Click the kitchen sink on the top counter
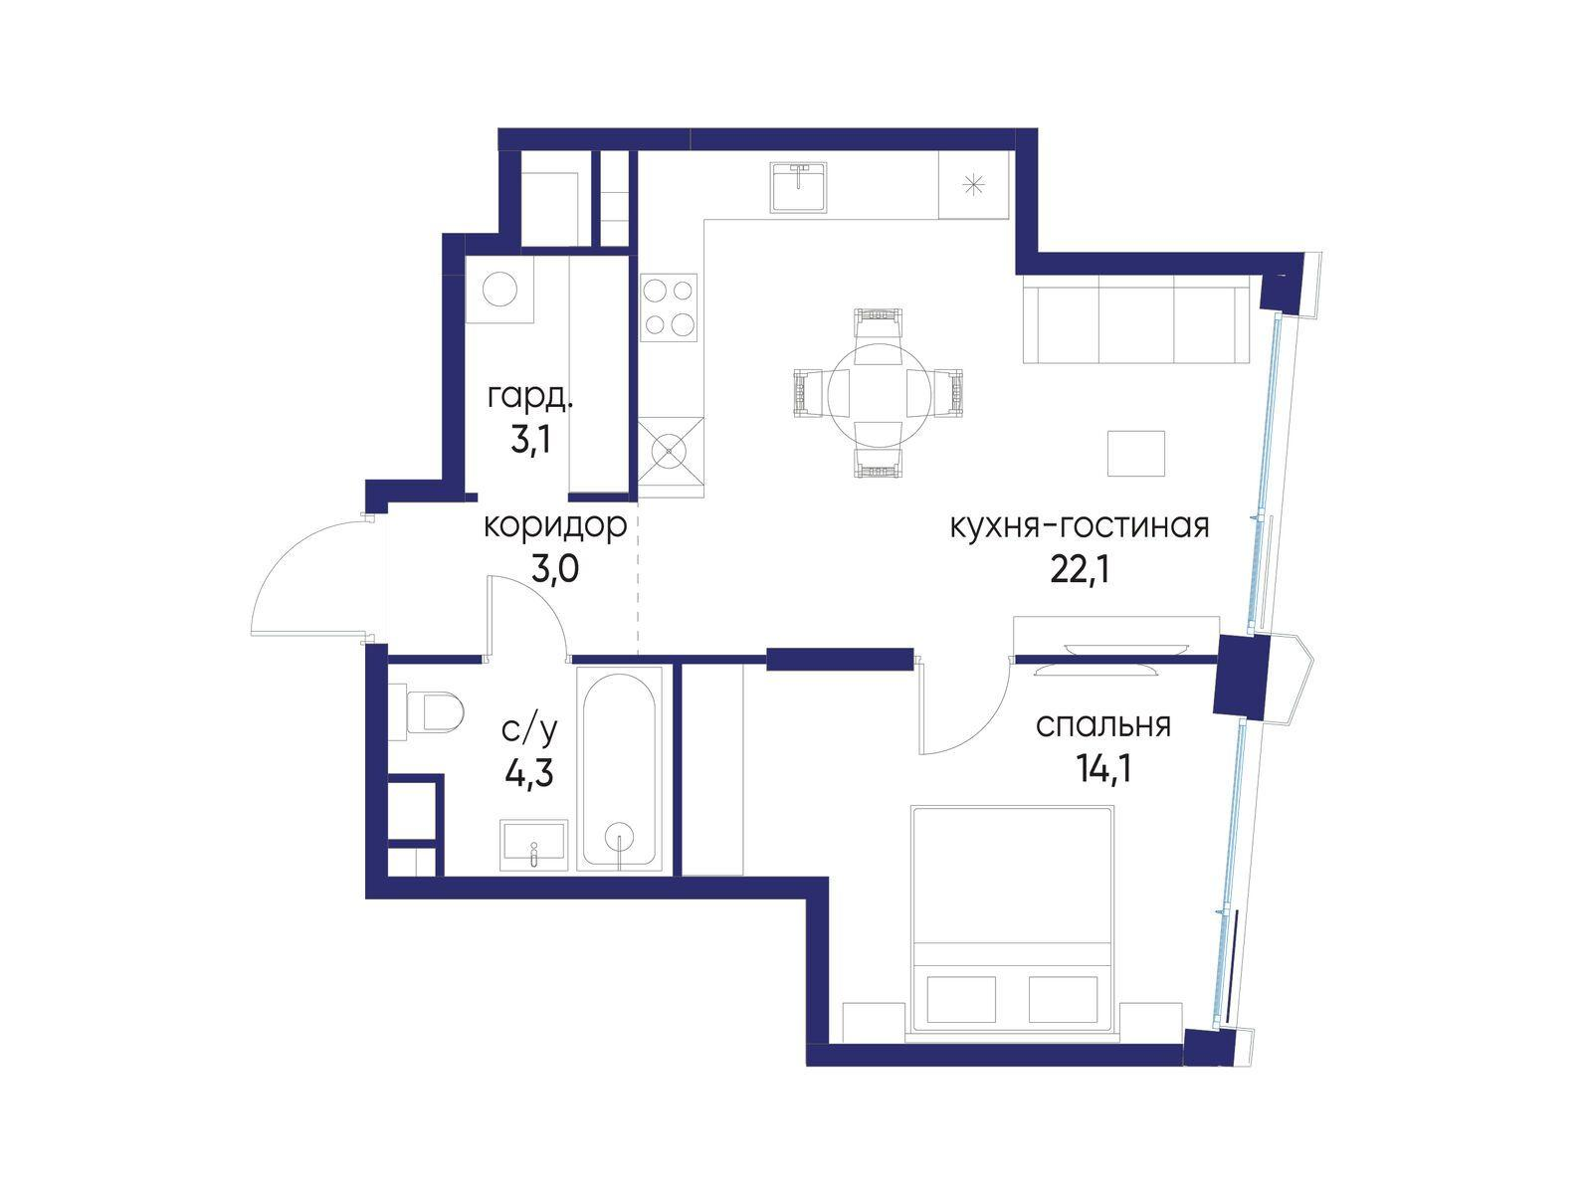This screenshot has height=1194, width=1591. coord(798,188)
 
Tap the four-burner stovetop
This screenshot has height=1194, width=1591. coord(669,307)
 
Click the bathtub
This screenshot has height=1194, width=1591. coord(620,768)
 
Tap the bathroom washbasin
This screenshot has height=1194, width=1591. coord(533,845)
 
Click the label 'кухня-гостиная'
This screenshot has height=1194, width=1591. coord(1080,526)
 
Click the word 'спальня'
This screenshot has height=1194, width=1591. coord(1103,725)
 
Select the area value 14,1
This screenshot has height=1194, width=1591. coord(1103,769)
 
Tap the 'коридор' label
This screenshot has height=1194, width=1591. coord(555,527)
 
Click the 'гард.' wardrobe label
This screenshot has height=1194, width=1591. coord(530,397)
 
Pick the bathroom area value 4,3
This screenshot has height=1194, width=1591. coord(529,773)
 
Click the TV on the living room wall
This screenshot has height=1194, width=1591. coord(1095,647)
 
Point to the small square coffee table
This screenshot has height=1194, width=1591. coord(1136,454)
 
